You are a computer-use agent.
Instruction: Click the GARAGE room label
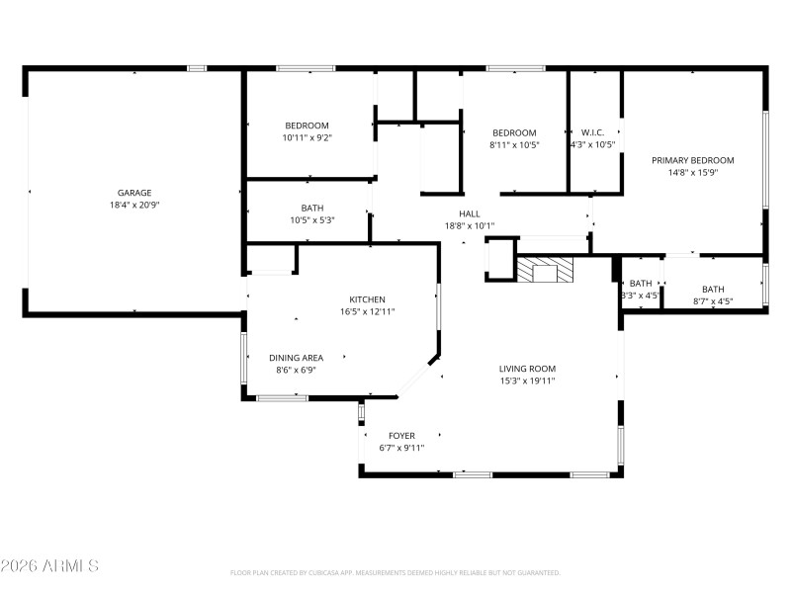coord(134,193)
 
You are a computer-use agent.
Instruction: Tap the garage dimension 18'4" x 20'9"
coord(134,205)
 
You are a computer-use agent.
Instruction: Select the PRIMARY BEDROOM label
coord(692,160)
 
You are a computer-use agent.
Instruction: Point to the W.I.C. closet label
coord(592,132)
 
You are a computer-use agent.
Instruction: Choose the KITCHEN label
coord(367,299)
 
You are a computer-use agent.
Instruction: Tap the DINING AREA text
coord(296,358)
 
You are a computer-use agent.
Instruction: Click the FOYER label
coord(401,435)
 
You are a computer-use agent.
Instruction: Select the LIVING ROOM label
coord(527,369)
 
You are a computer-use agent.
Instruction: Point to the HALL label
coord(469,213)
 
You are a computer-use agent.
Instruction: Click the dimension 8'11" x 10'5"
coord(514,144)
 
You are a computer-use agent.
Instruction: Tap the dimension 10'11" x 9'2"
coord(307,137)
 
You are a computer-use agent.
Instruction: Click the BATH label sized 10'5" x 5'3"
coord(312,208)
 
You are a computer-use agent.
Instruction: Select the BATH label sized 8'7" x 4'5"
coord(712,290)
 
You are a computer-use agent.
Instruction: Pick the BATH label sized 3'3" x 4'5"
coord(641,284)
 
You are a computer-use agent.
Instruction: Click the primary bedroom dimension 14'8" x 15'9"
coord(692,172)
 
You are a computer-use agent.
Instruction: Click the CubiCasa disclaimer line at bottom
coord(395,572)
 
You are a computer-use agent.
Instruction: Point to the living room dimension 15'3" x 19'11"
coord(527,381)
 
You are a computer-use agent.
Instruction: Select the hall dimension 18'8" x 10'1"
coord(469,225)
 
